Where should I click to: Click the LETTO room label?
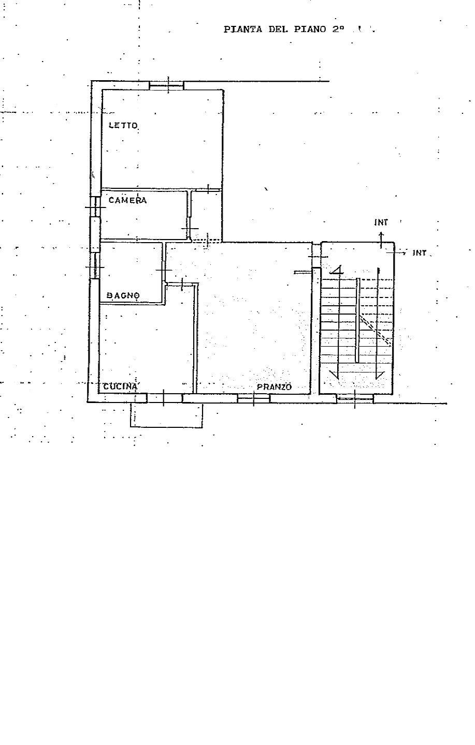[123, 125]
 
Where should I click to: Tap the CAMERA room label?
[127, 200]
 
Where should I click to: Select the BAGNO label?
[123, 295]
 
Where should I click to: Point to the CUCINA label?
[120, 386]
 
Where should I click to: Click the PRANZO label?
[274, 387]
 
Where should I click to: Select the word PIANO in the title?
[310, 29]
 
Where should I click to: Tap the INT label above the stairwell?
[381, 222]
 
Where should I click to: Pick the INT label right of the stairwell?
[420, 253]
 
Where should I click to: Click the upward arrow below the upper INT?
[381, 240]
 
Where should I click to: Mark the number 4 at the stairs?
[337, 270]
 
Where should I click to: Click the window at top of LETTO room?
[167, 85]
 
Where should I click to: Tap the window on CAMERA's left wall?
[96, 207]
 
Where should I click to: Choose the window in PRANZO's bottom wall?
[253, 398]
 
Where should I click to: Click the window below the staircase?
[355, 398]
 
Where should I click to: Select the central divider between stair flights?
[357, 320]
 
